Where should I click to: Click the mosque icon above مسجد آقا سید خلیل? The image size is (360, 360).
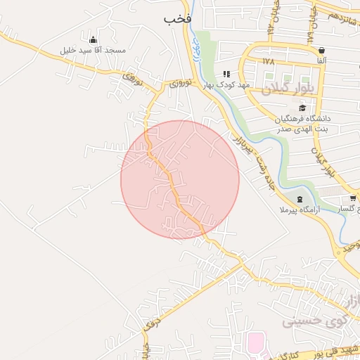tap(93, 39)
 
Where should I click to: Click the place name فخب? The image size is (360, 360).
tap(177, 19)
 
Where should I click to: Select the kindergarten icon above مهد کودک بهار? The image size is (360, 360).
tap(226, 74)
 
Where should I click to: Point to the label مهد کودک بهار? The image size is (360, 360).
tap(227, 85)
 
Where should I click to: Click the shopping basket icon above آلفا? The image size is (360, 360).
tap(321, 51)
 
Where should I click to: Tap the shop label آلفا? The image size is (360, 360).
tap(321, 62)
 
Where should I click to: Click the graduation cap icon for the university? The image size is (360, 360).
tap(302, 108)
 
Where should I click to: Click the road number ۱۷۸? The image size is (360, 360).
tap(268, 61)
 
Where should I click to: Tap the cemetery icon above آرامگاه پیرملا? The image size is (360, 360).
tap(300, 199)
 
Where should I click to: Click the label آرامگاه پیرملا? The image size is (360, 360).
tap(300, 210)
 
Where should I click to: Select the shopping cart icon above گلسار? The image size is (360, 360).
tap(352, 199)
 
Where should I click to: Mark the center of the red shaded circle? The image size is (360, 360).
tap(180, 179)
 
